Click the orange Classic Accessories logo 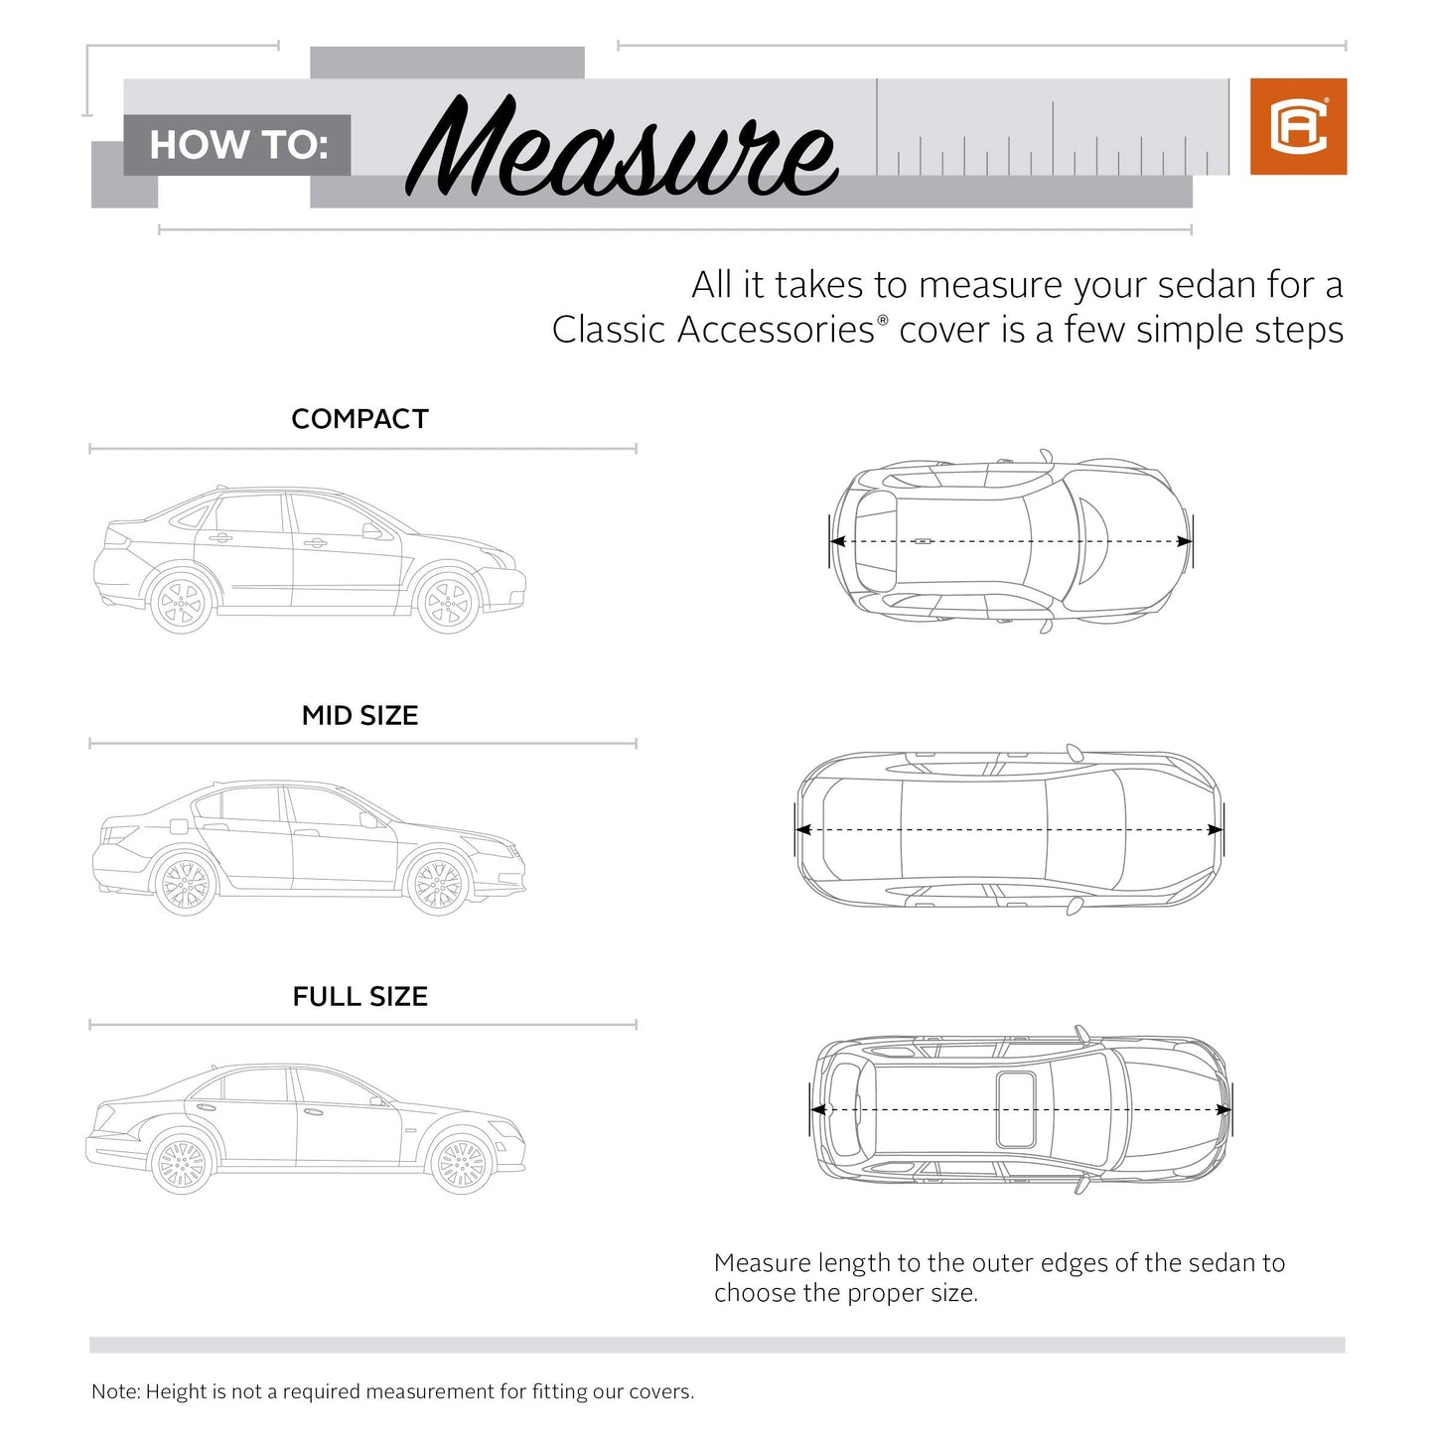coord(1298,126)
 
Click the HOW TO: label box coord(237,145)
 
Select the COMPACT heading coord(359,419)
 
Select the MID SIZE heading coord(359,715)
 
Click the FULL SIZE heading coord(359,996)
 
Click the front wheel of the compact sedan coord(448,602)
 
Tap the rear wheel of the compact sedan coord(182,602)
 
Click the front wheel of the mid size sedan coord(438,884)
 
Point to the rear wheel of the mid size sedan coord(185,884)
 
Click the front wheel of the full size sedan coord(462,1164)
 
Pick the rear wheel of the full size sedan coord(182,1164)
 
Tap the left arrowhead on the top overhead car coord(837,541)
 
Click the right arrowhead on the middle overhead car coord(1215,829)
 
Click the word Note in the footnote coord(114,1391)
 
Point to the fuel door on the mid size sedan coord(179,826)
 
